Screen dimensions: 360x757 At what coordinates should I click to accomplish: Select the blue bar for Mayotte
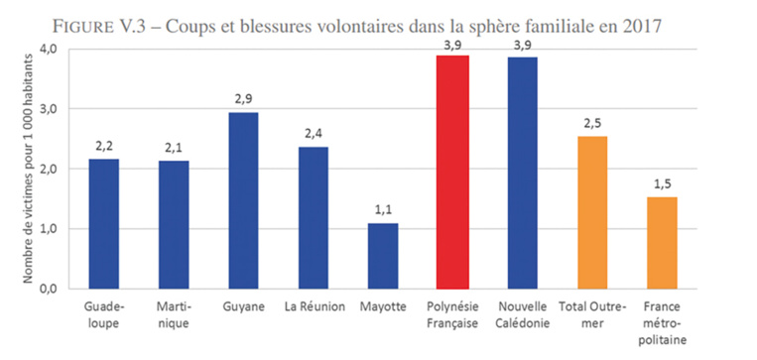point(382,255)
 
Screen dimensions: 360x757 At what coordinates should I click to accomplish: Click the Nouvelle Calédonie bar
point(523,172)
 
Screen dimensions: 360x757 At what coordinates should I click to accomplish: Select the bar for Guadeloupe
point(103,223)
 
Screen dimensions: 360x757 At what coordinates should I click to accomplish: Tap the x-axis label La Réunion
point(313,307)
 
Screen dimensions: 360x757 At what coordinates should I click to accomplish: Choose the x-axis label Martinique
point(173,314)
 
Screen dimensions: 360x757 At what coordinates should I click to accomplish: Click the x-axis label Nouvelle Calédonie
point(523,314)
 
